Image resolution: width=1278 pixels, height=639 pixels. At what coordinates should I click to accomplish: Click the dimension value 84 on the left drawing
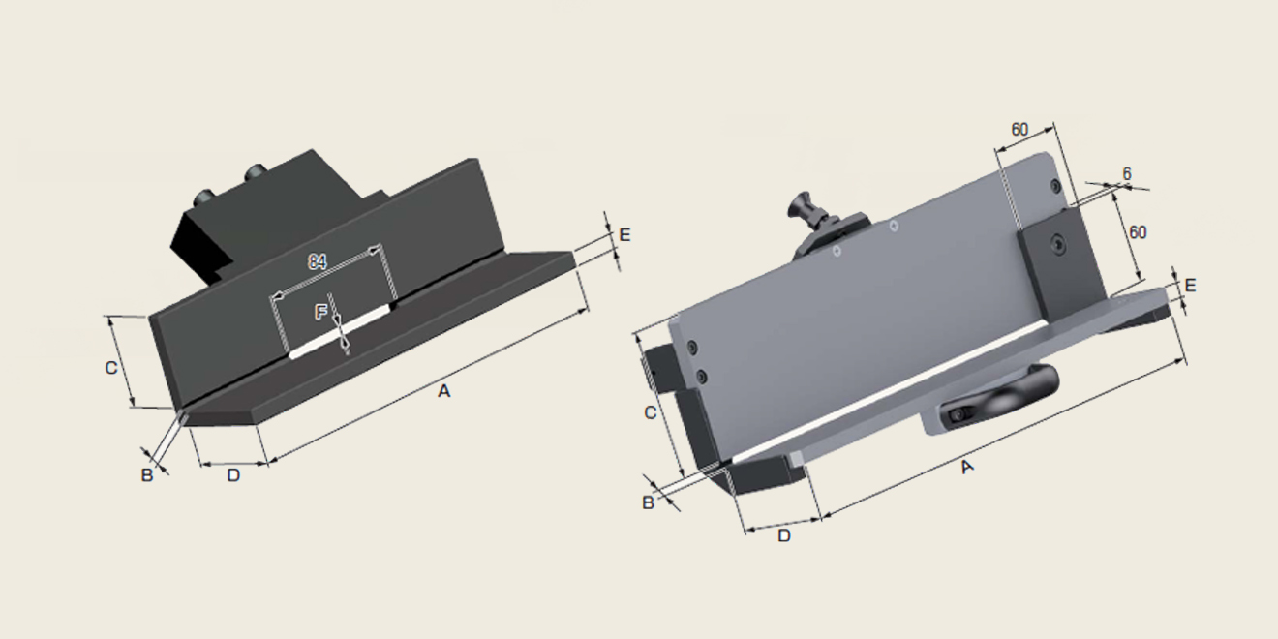coord(318,261)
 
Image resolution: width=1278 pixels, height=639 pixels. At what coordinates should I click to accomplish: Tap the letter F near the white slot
coord(321,312)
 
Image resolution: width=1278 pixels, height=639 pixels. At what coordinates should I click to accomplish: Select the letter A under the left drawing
coord(443,391)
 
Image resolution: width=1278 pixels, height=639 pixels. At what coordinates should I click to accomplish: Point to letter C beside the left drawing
coord(111,368)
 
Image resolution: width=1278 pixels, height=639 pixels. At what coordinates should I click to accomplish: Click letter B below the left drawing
coord(147,474)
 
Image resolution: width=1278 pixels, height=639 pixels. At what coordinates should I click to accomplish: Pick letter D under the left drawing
coord(233,474)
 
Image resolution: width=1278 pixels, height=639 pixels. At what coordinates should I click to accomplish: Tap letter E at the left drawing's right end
coord(624,235)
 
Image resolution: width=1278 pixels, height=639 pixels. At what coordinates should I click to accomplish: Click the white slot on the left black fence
coord(341,331)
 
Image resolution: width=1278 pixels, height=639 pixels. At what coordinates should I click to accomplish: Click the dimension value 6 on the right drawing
coord(1126,174)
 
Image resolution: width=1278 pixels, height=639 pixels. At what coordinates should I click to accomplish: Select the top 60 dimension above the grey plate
coord(1019,130)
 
